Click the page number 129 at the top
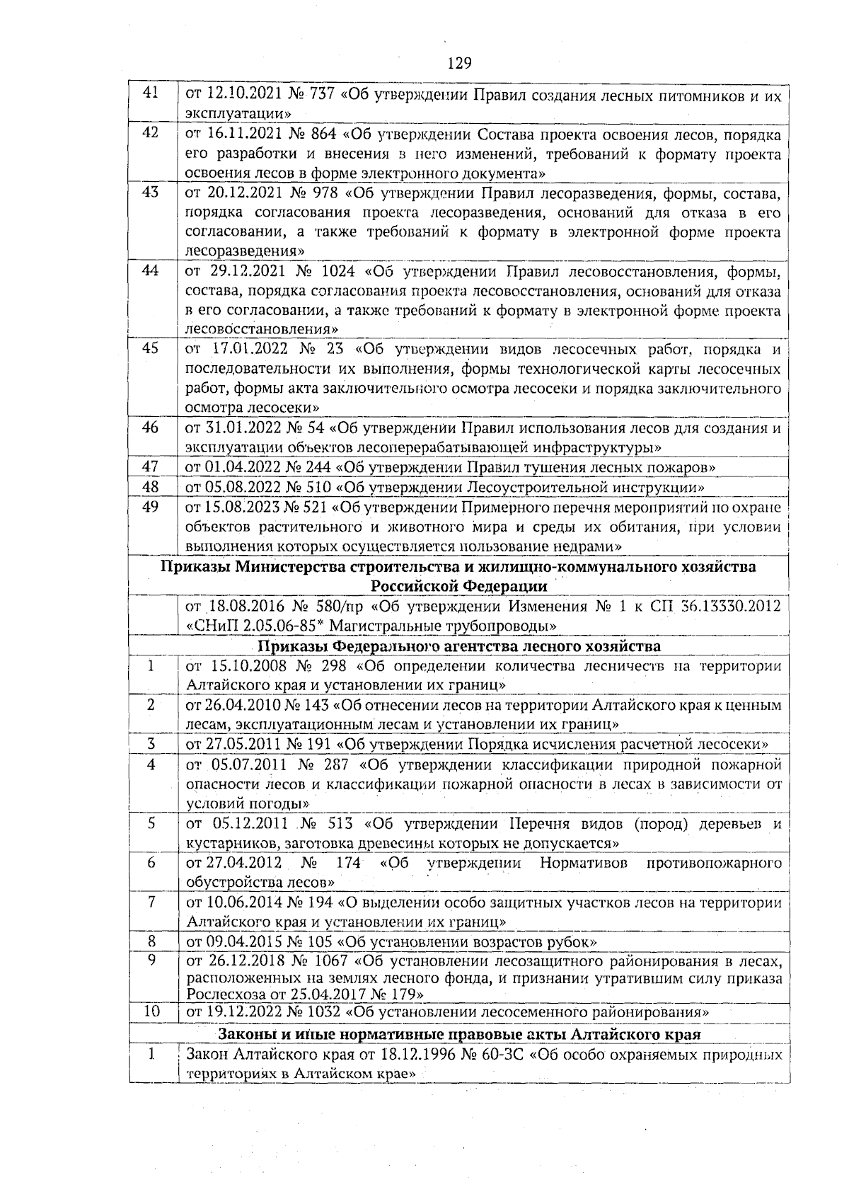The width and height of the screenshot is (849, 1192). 459,64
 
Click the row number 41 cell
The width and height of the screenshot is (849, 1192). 151,94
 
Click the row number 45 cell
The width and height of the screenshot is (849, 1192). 151,348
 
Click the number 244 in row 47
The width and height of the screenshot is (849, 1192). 316,467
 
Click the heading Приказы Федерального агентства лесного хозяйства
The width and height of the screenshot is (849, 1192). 458,646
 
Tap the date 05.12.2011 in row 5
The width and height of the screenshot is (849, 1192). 249,824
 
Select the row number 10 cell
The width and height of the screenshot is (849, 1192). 151,1012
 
